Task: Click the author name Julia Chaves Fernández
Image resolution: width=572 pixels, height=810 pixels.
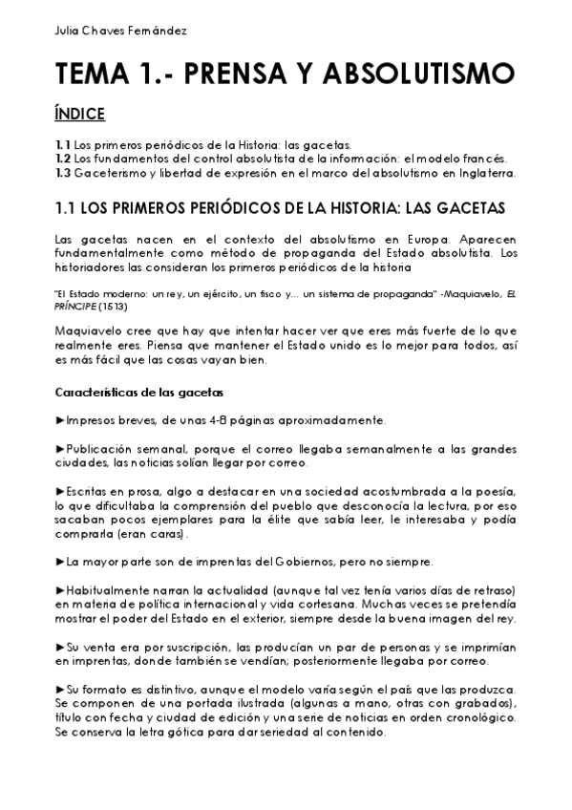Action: [x=108, y=30]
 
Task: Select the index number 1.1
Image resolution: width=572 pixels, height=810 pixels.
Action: [x=63, y=144]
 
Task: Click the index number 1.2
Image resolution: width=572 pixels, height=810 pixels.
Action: [x=64, y=158]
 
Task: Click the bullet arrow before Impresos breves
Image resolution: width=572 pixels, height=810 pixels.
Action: [x=60, y=420]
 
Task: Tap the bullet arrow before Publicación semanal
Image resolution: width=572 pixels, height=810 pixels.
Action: [x=60, y=448]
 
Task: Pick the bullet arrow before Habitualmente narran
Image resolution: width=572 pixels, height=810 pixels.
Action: [x=60, y=589]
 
